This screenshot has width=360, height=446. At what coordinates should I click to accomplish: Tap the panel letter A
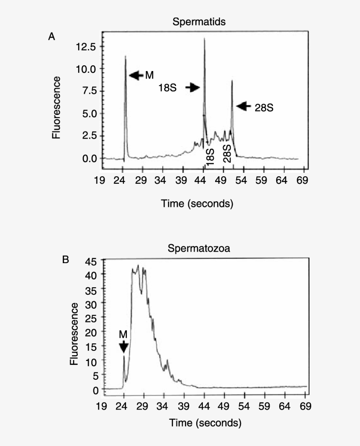(x=51, y=37)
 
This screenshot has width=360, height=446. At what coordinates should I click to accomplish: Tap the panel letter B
(x=65, y=260)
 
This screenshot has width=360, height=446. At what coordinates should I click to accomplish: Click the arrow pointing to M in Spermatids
(x=136, y=75)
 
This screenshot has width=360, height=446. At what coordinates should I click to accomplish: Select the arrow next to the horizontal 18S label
(x=192, y=88)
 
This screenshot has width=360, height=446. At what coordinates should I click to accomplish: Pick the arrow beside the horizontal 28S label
(x=244, y=106)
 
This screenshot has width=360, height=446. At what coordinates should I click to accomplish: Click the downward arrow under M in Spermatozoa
(x=123, y=347)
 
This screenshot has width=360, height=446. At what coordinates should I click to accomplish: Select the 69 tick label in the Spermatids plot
(x=302, y=180)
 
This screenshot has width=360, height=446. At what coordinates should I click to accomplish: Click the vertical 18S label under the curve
(x=211, y=157)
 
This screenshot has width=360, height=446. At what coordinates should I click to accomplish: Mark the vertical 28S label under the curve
(x=227, y=153)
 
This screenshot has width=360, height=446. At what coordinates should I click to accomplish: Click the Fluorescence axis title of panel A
(x=56, y=107)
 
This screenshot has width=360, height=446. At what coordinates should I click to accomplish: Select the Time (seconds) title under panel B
(x=205, y=423)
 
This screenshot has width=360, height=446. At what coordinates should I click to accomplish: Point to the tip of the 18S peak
(x=204, y=39)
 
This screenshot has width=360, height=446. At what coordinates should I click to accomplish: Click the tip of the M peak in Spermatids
(x=126, y=56)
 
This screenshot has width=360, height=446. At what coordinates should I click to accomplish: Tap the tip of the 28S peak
(x=232, y=81)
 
